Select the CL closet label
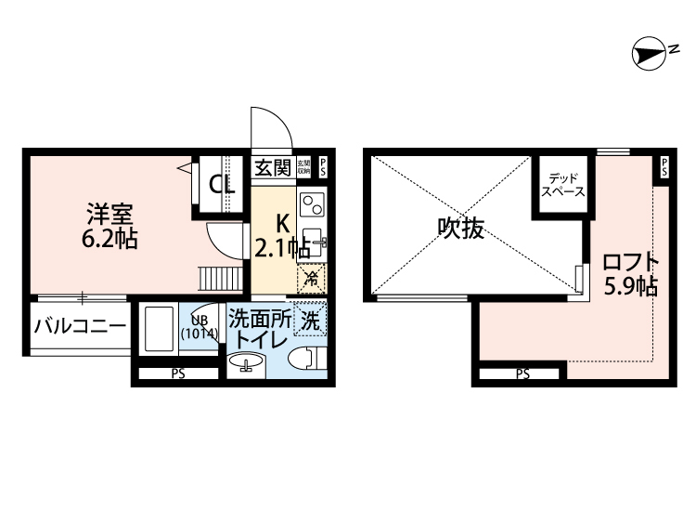click(x=222, y=184)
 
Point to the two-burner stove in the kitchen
click(x=311, y=203)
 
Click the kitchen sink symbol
click(x=312, y=241)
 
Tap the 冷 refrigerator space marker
click(x=313, y=276)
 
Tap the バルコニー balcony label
click(x=80, y=326)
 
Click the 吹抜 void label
click(x=461, y=227)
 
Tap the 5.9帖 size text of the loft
click(x=631, y=286)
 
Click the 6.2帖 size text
click(x=110, y=239)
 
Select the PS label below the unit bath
click(x=177, y=375)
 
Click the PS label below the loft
click(x=522, y=375)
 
